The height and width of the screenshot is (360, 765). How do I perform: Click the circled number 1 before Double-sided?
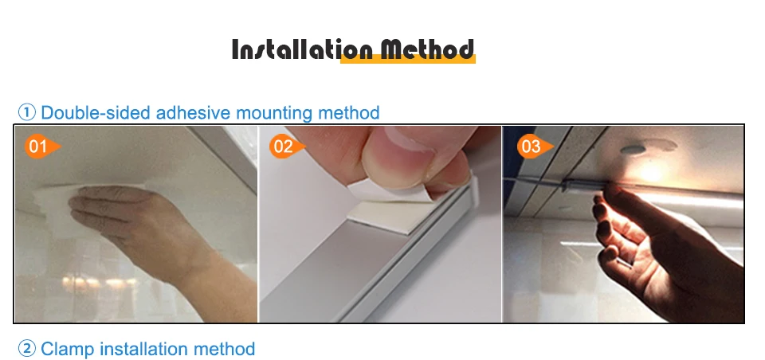click(x=27, y=112)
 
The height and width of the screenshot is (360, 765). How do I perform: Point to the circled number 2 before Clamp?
click(x=27, y=349)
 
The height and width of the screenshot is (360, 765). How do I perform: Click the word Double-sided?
click(x=96, y=112)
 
